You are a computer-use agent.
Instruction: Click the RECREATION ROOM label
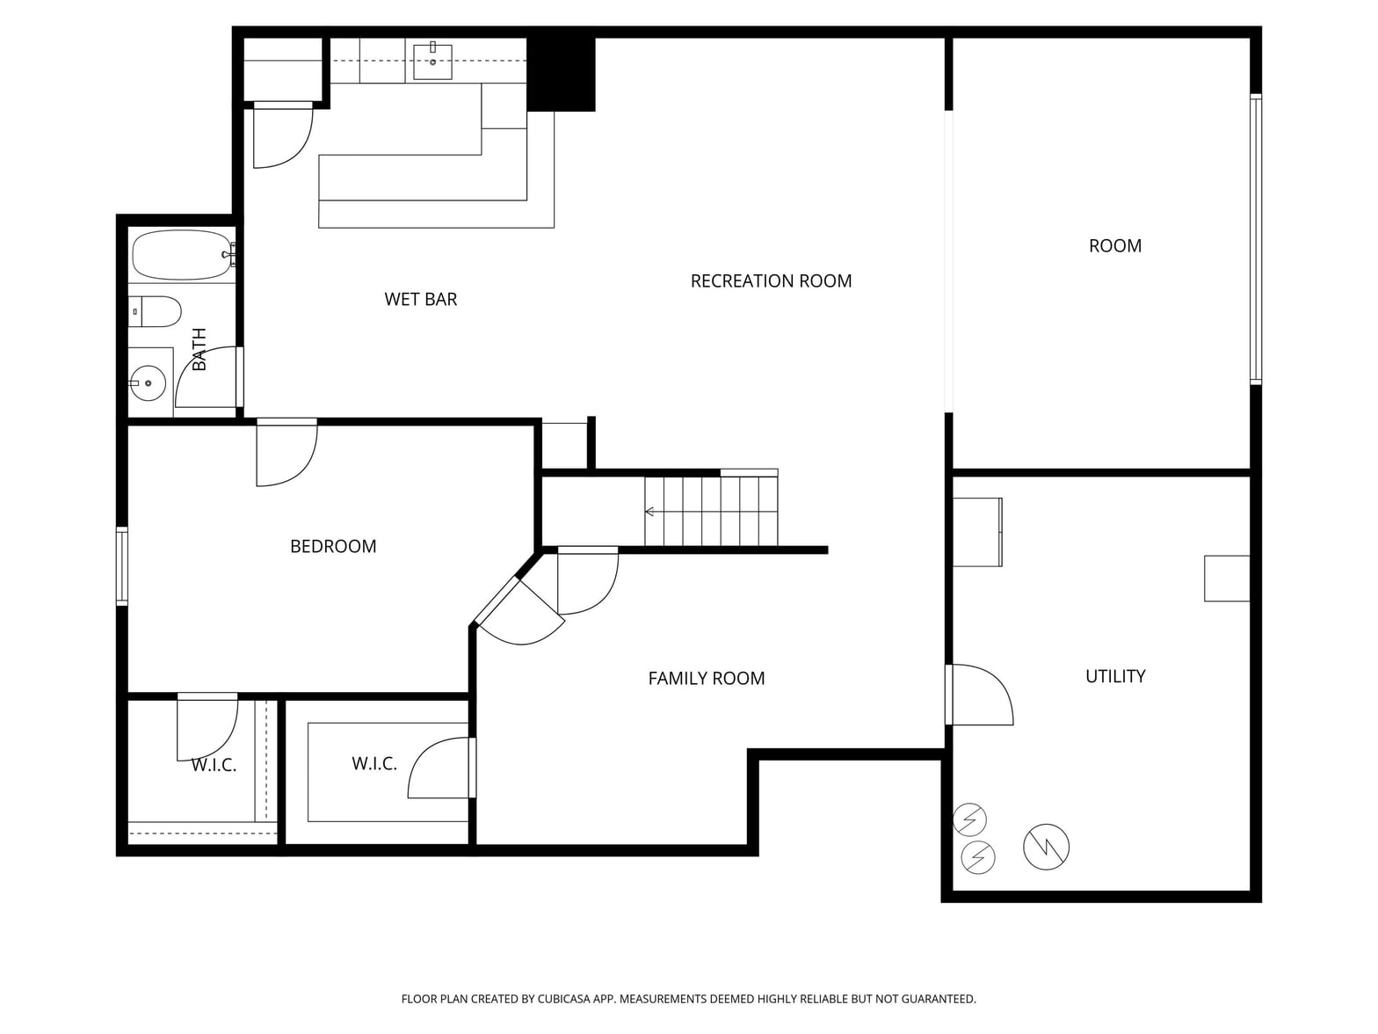[771, 280]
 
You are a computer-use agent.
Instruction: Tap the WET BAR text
[421, 300]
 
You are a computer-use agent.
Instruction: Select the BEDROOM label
[333, 546]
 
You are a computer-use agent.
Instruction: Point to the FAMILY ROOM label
[707, 678]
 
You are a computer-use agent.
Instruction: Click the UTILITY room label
[1115, 676]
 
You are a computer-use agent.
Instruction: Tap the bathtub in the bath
[182, 254]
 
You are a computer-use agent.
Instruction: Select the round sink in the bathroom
[148, 383]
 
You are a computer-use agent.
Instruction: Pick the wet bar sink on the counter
[432, 62]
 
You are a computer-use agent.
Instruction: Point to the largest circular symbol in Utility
[1046, 847]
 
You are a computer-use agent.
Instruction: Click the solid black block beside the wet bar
[561, 74]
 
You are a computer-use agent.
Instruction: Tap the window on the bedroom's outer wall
[122, 566]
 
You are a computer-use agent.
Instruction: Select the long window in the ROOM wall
[1256, 239]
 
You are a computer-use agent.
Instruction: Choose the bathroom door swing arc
[206, 376]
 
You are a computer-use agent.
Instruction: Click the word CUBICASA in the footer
[564, 998]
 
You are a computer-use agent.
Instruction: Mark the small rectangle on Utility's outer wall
[1227, 579]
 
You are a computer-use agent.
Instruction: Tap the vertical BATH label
[199, 349]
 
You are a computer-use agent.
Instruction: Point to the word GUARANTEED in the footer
[937, 998]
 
